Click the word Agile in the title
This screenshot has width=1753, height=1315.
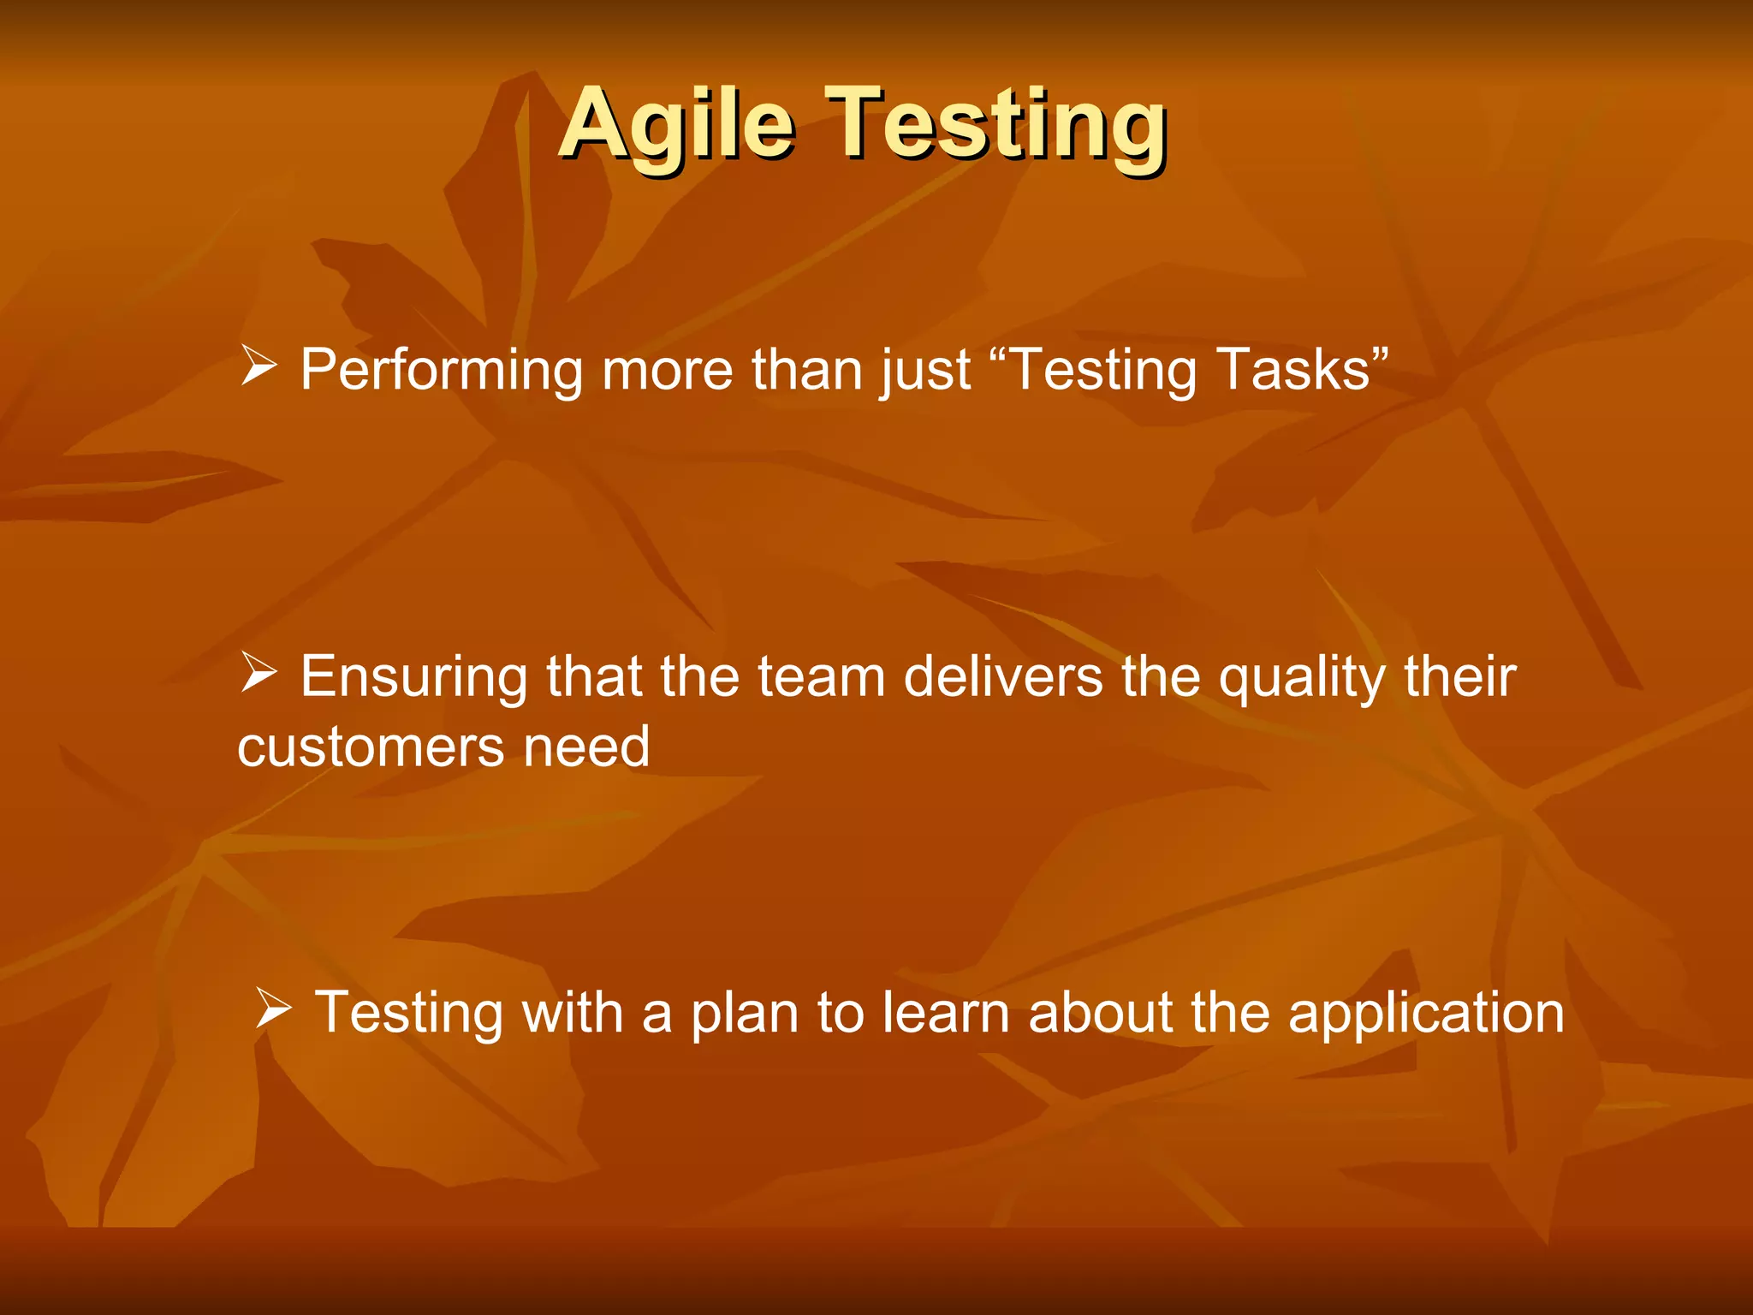coord(678,126)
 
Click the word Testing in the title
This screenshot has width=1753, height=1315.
coord(997,126)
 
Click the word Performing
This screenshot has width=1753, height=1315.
coord(441,371)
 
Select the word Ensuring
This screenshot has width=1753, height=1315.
coord(413,678)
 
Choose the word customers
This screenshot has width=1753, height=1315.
coord(371,747)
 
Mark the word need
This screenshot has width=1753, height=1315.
coord(586,747)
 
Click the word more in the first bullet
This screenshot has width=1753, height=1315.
coord(667,371)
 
